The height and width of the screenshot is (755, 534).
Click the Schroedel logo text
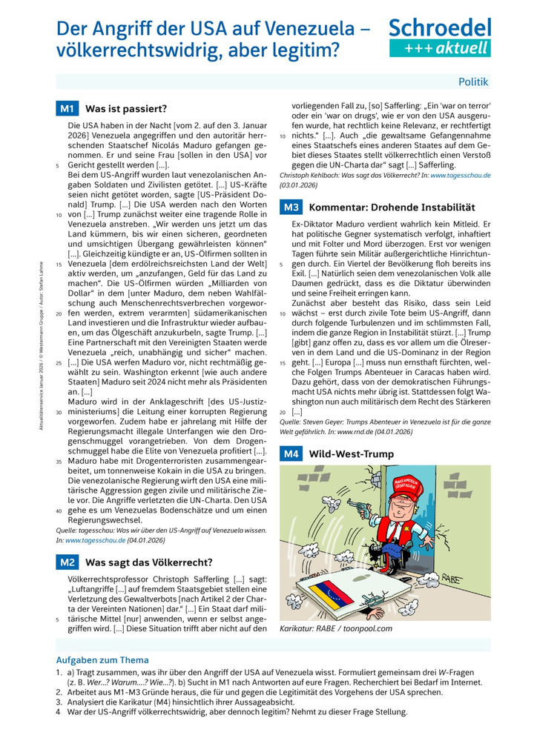pyautogui.click(x=440, y=28)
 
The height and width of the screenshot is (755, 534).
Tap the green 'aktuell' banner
pyautogui.click(x=440, y=48)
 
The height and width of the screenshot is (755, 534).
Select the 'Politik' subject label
pyautogui.click(x=473, y=82)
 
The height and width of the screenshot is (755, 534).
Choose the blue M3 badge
pyautogui.click(x=290, y=207)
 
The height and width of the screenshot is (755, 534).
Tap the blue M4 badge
pyautogui.click(x=290, y=453)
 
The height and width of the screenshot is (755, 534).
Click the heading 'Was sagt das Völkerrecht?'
pyautogui.click(x=149, y=562)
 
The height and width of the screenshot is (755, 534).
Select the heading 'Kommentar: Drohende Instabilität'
pyautogui.click(x=382, y=207)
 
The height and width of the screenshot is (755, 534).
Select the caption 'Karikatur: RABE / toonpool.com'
pyautogui.click(x=336, y=628)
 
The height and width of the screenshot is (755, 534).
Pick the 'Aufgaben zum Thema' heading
pyautogui.click(x=102, y=659)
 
